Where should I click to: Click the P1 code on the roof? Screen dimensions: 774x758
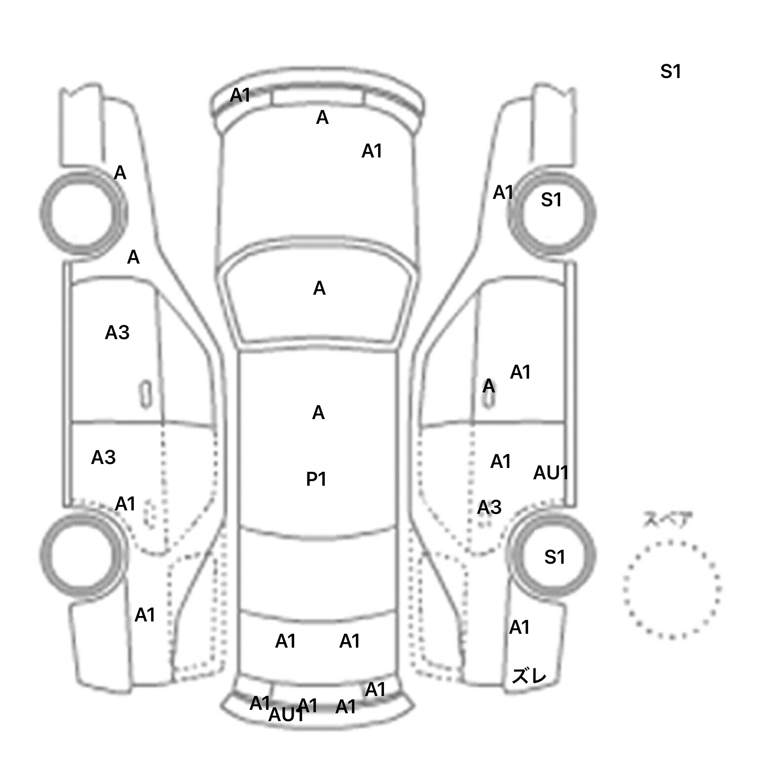(x=316, y=479)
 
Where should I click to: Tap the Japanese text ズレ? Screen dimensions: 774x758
(x=529, y=676)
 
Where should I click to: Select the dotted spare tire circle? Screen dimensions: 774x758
(x=672, y=589)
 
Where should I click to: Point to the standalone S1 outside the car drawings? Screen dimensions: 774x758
(x=670, y=72)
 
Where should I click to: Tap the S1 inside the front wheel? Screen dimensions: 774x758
(x=551, y=200)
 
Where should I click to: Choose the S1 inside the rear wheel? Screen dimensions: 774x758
(x=554, y=557)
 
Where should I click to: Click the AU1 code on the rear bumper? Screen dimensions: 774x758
(x=285, y=715)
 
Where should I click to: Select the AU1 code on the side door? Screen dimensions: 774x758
(x=551, y=473)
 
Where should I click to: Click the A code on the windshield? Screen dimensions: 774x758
(x=319, y=288)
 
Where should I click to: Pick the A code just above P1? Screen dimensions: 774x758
(x=318, y=413)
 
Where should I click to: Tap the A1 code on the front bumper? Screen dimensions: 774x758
(x=240, y=95)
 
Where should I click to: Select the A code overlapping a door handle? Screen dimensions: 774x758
(x=489, y=386)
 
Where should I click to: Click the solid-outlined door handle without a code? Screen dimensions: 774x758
(x=146, y=394)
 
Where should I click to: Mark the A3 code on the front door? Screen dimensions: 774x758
(x=117, y=333)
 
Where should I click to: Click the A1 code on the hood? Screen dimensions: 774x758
(x=372, y=151)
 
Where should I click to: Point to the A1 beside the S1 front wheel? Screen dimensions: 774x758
(x=503, y=193)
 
